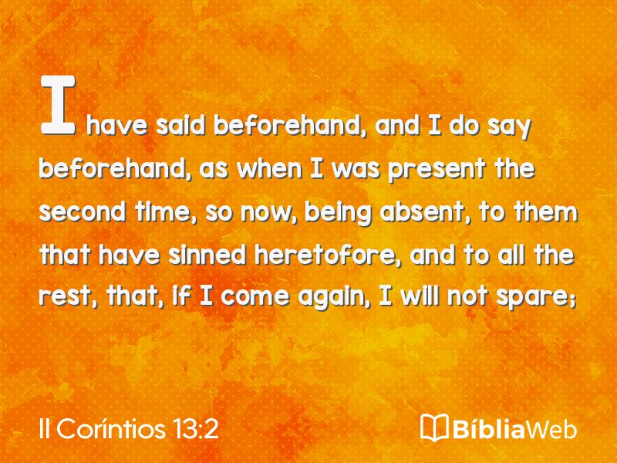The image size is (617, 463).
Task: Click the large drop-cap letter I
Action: click(58, 105)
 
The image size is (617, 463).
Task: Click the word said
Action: click(180, 126)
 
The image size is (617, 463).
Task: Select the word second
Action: click(82, 211)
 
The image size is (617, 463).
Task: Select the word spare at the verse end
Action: click(534, 298)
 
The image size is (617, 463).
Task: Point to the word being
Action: click(338, 213)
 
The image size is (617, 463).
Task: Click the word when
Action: click(269, 169)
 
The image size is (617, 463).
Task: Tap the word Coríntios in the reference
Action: click(111, 428)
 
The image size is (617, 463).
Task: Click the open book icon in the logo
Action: click(434, 428)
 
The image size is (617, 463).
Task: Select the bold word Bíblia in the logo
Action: click(488, 429)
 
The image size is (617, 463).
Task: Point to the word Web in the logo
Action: click(551, 429)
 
